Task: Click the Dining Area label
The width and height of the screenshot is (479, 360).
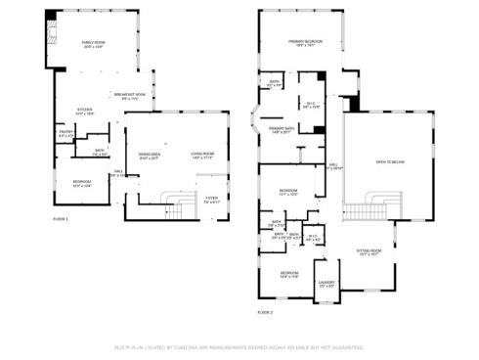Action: point(149,155)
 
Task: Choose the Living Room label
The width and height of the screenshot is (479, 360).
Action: point(202,155)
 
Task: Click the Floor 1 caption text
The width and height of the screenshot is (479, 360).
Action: point(61,219)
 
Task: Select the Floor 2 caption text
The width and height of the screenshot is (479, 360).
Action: point(266,311)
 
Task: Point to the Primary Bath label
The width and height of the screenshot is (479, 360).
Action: point(283,129)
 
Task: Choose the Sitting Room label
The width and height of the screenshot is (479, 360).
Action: point(368,250)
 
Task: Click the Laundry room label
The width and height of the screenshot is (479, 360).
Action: point(327,284)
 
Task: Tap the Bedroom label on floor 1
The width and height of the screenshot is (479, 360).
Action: point(82,183)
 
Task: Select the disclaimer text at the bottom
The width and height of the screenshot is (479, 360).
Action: point(239,347)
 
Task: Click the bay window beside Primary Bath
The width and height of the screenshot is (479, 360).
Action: point(253,126)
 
